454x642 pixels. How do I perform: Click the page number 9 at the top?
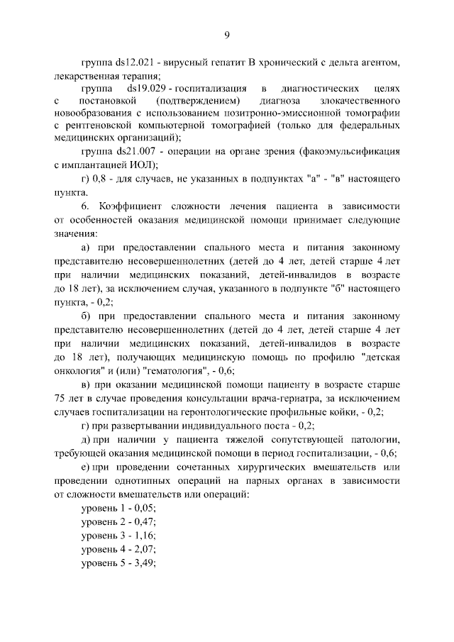pos(227,35)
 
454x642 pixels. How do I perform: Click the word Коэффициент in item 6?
pos(130,206)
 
